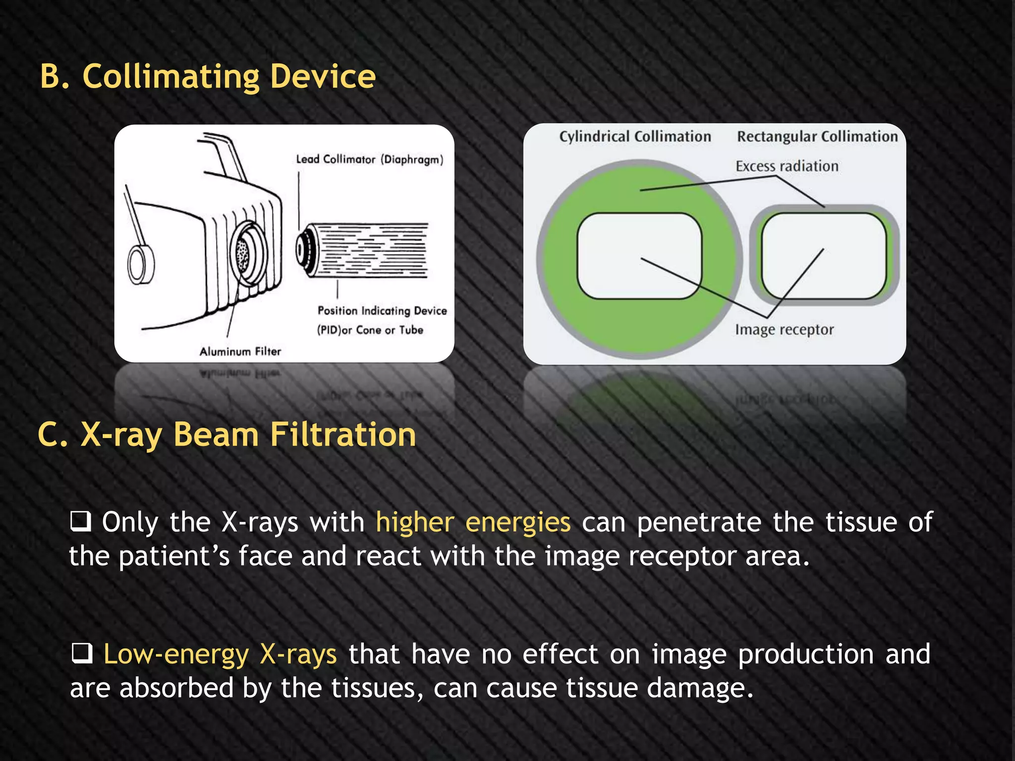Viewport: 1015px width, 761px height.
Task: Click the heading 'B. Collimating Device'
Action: click(208, 77)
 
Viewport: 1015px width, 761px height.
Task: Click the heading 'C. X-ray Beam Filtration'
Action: click(227, 435)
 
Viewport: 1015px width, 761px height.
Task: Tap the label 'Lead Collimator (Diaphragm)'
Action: click(369, 160)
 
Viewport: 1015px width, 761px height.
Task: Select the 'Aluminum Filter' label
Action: click(240, 351)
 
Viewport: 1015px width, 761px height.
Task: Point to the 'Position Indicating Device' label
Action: click(382, 311)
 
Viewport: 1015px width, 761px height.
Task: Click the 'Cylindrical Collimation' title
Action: click(635, 137)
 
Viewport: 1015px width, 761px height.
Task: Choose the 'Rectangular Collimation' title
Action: click(817, 137)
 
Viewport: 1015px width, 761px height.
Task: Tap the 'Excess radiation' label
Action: click(787, 166)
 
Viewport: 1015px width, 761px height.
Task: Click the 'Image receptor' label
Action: click(784, 329)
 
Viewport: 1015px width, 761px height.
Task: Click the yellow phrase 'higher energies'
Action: click(473, 522)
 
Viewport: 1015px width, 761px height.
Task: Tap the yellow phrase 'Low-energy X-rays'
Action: click(220, 654)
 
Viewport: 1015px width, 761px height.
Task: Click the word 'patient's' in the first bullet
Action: click(174, 556)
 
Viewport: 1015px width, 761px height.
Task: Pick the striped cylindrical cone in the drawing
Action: click(367, 250)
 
